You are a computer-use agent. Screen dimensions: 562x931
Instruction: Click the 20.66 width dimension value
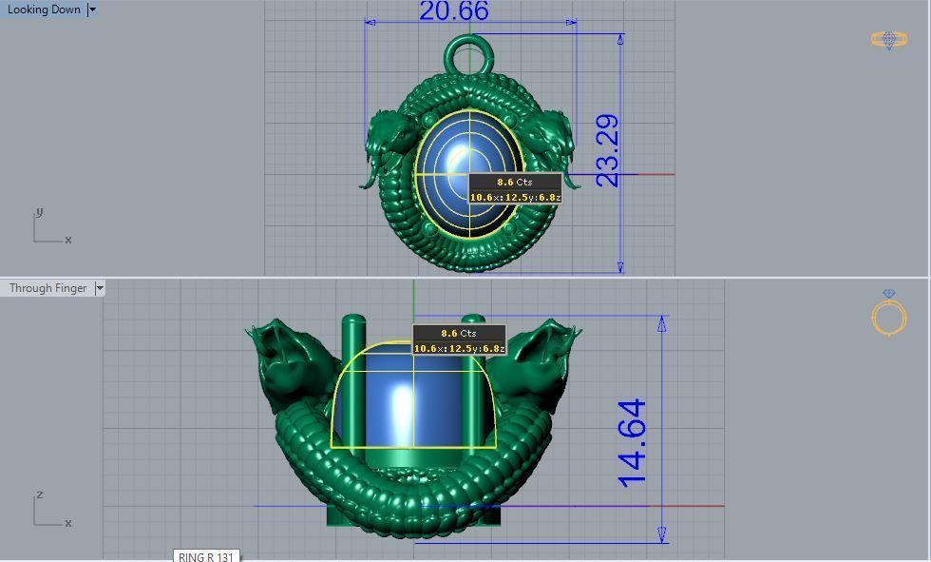point(453,11)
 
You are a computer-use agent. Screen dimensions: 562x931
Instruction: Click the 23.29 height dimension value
point(607,150)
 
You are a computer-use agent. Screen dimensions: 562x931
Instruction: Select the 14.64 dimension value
point(633,442)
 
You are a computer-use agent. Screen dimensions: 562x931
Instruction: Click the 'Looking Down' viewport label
point(44,10)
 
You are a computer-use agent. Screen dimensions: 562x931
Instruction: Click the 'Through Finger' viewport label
point(47,288)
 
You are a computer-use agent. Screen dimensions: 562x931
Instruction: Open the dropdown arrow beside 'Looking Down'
point(92,10)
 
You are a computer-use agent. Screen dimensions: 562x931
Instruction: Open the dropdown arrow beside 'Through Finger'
point(100,288)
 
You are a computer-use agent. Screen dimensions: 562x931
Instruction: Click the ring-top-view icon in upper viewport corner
point(888,39)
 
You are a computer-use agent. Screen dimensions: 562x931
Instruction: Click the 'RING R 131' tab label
point(205,556)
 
